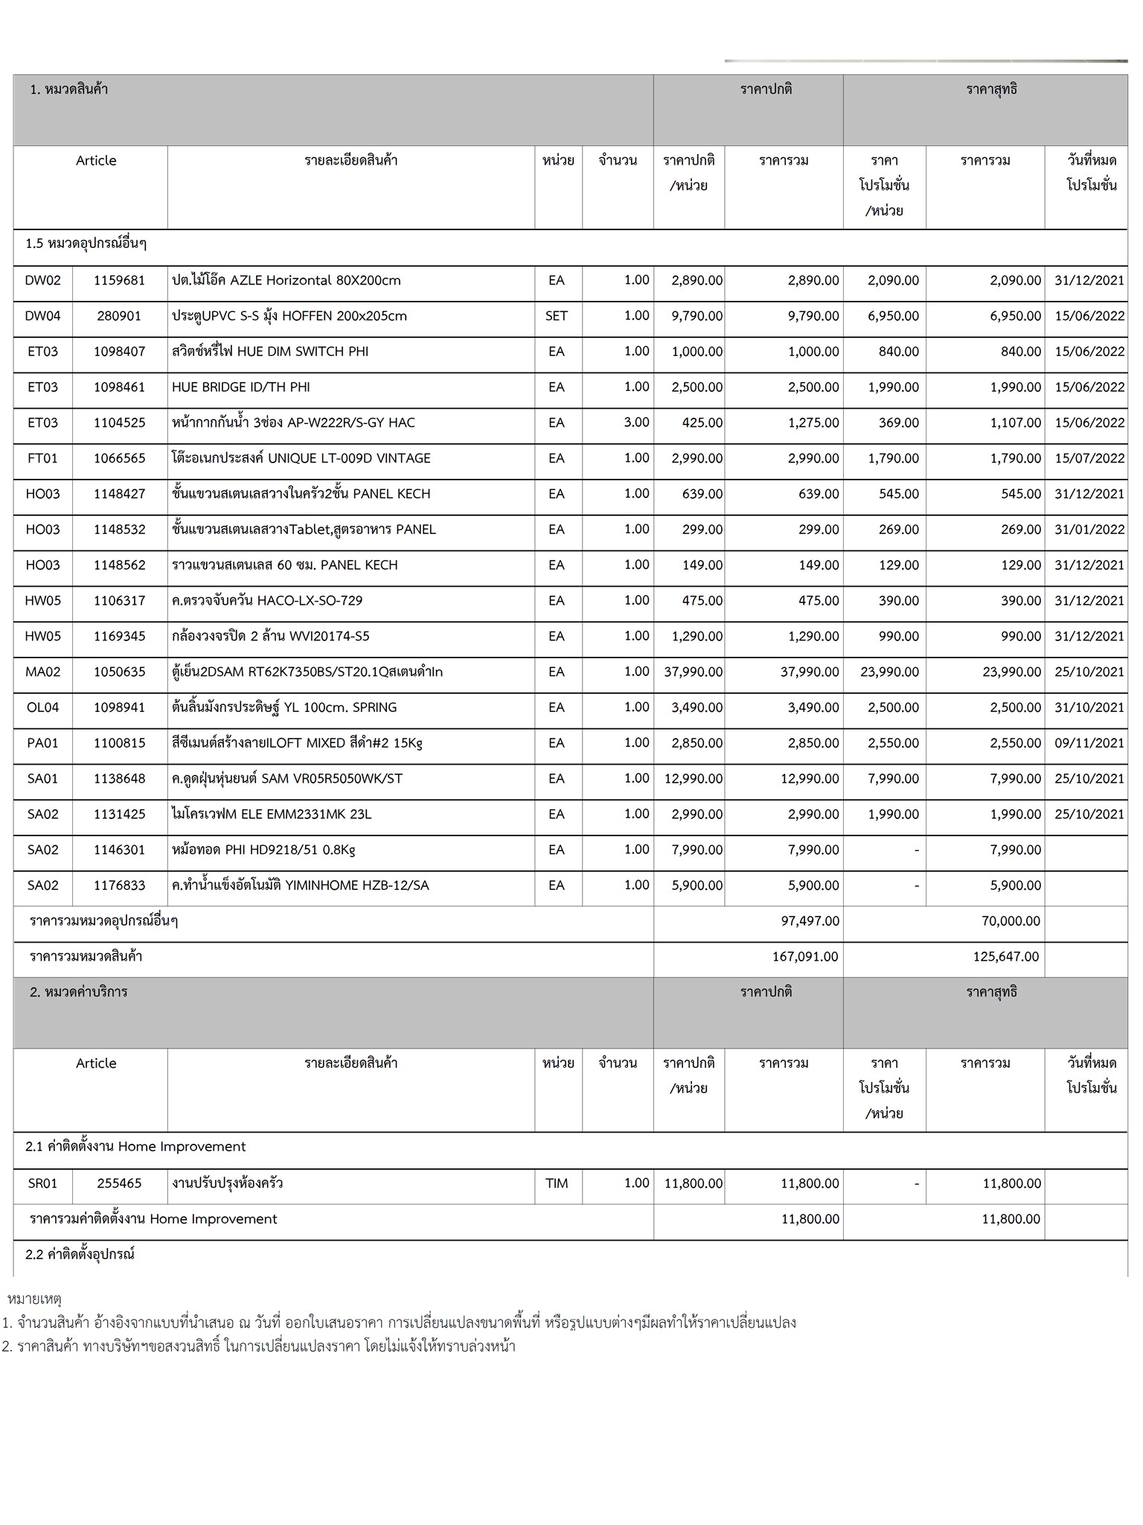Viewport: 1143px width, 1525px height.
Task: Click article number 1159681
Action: [119, 281]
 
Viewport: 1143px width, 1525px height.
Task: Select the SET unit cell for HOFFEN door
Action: [557, 316]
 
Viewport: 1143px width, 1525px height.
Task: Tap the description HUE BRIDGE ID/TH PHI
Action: [240, 387]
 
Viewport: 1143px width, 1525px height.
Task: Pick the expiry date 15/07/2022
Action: [1089, 458]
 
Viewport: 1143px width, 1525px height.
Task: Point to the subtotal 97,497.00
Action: [810, 921]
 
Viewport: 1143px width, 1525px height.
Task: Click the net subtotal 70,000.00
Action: [1011, 921]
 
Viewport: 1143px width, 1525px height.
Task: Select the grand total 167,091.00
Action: [804, 957]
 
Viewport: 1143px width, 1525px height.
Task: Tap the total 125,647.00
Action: [1005, 957]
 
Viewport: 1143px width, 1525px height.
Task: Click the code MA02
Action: [42, 672]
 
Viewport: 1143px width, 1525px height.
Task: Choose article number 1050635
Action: [119, 672]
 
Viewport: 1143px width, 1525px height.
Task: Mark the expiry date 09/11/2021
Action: [1089, 743]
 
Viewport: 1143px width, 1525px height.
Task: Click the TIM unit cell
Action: [557, 1183]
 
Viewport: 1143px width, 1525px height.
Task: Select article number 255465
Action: [119, 1183]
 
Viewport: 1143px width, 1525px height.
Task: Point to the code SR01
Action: [42, 1183]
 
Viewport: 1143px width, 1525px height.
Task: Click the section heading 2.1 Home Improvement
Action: [135, 1147]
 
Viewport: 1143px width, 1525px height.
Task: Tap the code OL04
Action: [42, 707]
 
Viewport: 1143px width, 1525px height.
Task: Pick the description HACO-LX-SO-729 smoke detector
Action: [267, 601]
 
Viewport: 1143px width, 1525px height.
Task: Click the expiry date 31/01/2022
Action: [1089, 529]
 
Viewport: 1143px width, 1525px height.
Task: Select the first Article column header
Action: [96, 161]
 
